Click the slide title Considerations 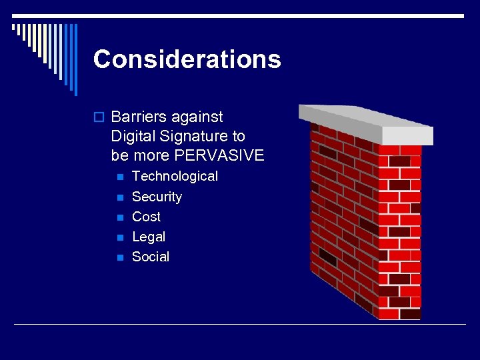point(187,59)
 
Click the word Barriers point(139,117)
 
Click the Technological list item point(175,176)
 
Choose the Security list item point(157,197)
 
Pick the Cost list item point(146,217)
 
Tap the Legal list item point(149,237)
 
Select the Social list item point(151,257)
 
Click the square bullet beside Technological point(119,177)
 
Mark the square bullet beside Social point(119,257)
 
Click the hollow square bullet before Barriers point(99,117)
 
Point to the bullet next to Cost point(119,217)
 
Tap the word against point(197,117)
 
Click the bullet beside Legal point(119,237)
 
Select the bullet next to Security point(119,197)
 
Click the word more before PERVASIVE point(149,155)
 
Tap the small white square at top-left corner point(14,27)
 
